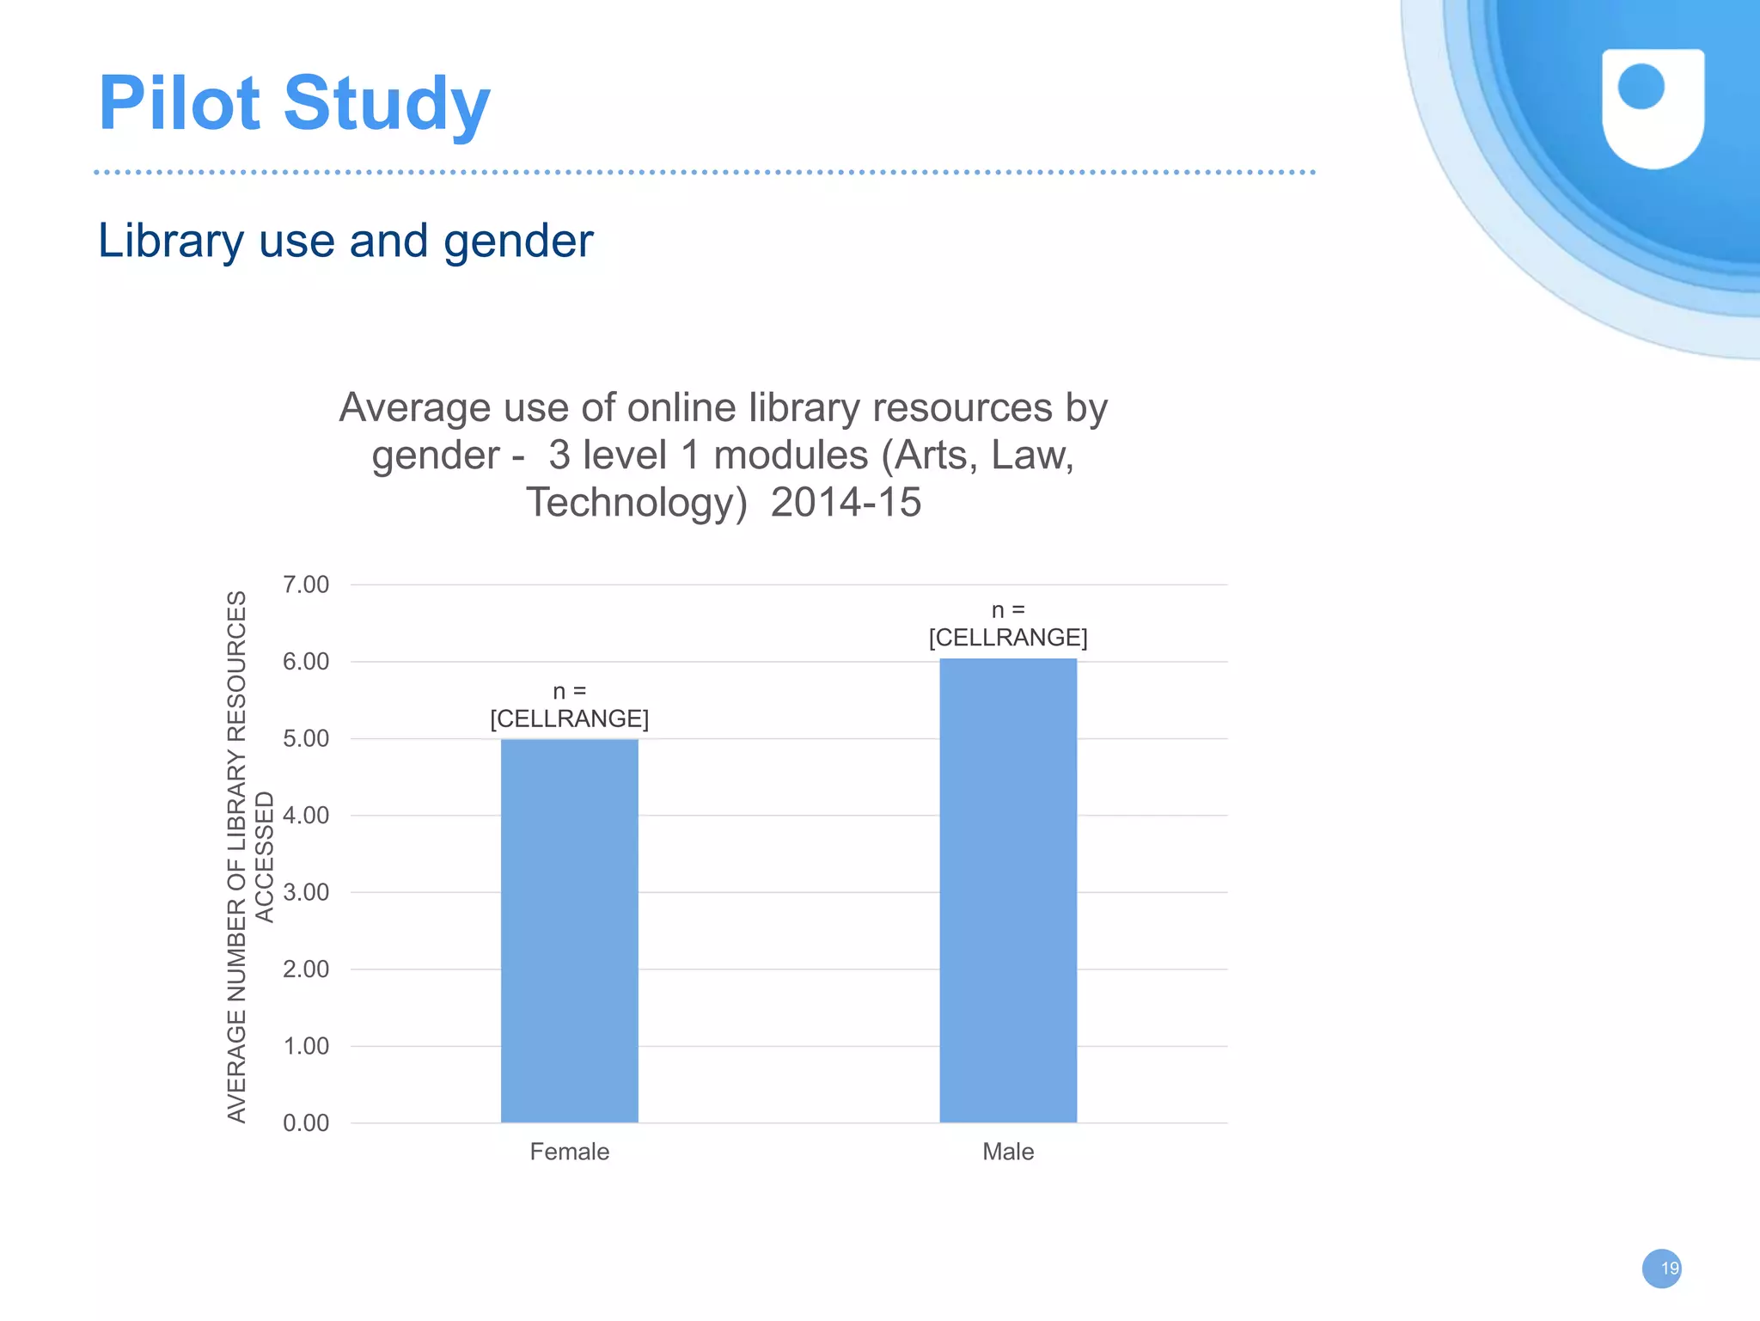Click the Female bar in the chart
coord(569,930)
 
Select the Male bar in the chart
coord(1007,890)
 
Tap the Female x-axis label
coord(569,1152)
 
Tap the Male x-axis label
coord(1007,1152)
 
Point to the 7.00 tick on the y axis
coord(306,584)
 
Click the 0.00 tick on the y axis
coord(306,1123)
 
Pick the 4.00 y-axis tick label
coord(306,816)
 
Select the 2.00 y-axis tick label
coord(306,969)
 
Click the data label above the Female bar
coord(569,706)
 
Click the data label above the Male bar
coord(1007,624)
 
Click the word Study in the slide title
coord(387,105)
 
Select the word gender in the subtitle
coord(518,242)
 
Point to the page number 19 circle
coord(1661,1269)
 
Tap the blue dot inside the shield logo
coord(1641,87)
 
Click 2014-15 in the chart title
coord(846,502)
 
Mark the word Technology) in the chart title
coord(637,502)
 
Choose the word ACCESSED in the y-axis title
coord(265,857)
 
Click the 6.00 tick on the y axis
coord(306,662)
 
